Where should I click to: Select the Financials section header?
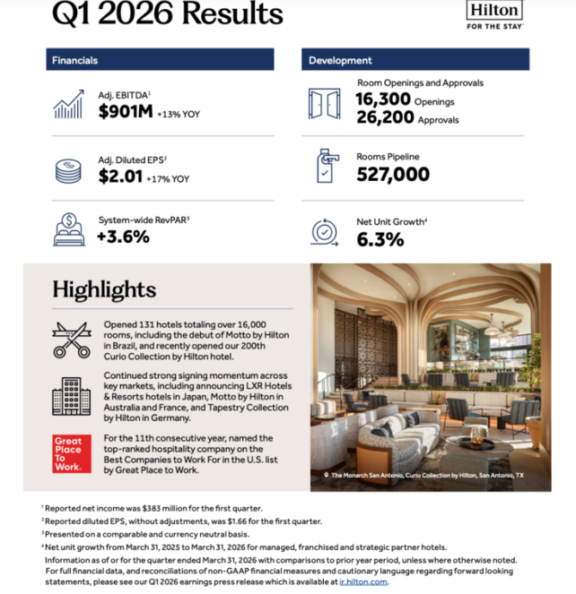[160, 60]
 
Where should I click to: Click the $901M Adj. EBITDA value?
[126, 113]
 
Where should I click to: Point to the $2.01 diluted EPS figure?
[120, 176]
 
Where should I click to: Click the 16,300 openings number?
[383, 99]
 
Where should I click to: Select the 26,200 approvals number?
[383, 117]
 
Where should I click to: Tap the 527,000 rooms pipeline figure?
[393, 175]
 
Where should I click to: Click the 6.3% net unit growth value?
[380, 239]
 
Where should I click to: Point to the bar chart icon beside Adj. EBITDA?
[69, 105]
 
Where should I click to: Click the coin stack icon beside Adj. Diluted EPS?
[68, 170]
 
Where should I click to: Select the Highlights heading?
[103, 289]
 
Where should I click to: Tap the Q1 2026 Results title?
[167, 14]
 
